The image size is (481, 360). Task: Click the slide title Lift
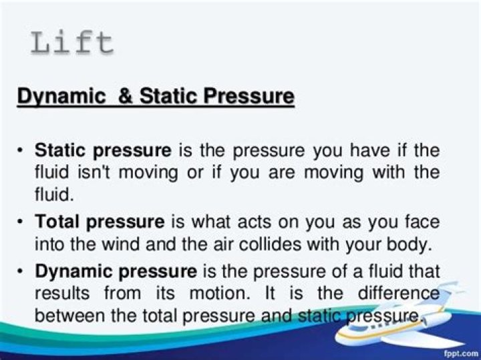pyautogui.click(x=72, y=43)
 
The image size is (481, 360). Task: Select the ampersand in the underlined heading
pyautogui.click(x=126, y=96)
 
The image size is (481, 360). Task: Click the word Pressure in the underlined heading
pyautogui.click(x=249, y=96)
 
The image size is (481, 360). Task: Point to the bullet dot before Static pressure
pyautogui.click(x=20, y=150)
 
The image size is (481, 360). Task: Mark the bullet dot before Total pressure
pyautogui.click(x=20, y=221)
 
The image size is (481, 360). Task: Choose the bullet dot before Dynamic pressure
pyautogui.click(x=20, y=271)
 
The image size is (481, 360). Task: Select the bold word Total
pyautogui.click(x=58, y=221)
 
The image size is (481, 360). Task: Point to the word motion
pyautogui.click(x=219, y=293)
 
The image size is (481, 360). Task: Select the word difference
pyautogui.click(x=399, y=293)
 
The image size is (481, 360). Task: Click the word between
pyautogui.click(x=69, y=315)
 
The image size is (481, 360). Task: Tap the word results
pyautogui.click(x=62, y=293)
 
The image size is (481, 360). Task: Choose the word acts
pyautogui.click(x=255, y=221)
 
